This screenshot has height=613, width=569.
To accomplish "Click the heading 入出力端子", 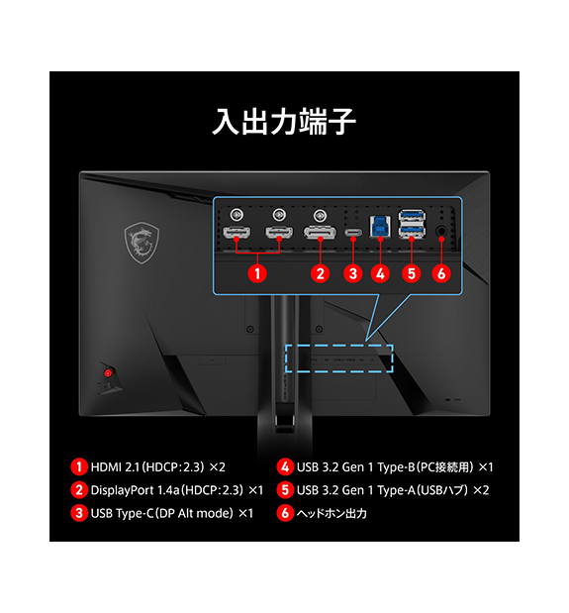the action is [x=284, y=122].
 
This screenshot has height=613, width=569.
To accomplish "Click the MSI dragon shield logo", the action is [x=142, y=243].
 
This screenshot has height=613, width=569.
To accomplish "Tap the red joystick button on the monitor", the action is [x=108, y=373].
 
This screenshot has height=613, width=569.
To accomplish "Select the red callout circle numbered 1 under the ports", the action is [x=257, y=273].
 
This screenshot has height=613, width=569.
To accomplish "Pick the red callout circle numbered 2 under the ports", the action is [x=321, y=273].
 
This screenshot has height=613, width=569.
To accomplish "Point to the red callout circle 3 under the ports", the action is [x=353, y=273].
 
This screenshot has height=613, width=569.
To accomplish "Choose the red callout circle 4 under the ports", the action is [x=380, y=273].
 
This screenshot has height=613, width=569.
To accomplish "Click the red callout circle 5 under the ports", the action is [x=412, y=273].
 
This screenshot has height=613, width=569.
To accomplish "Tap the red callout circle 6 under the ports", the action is [x=441, y=273].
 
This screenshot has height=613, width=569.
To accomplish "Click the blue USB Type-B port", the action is [x=380, y=227].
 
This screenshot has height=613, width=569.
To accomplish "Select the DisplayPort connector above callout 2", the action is [x=320, y=232].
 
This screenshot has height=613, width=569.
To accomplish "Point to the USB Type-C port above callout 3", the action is [x=353, y=233].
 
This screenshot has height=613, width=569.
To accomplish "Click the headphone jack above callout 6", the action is [x=441, y=231].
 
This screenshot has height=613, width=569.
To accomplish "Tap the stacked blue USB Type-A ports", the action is [x=412, y=224].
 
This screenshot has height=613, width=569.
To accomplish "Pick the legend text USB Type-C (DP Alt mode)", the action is [x=162, y=513].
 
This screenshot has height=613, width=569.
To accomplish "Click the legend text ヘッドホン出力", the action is [x=332, y=513].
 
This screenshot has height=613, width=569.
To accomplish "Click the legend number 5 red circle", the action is [x=285, y=490].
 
